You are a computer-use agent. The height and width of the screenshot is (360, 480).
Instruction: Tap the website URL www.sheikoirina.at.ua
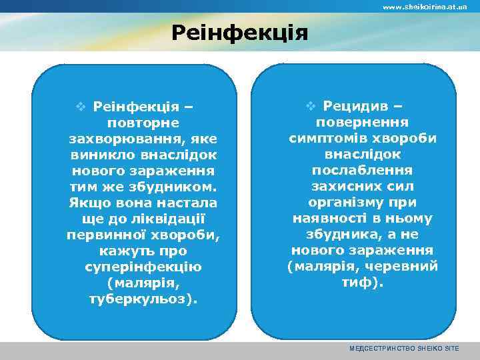tap(424, 6)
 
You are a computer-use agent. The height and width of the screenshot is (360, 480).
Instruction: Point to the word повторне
tap(143, 123)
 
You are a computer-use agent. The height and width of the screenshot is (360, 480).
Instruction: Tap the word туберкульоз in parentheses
tap(140, 299)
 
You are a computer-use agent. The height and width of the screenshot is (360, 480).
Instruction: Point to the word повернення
tap(363, 123)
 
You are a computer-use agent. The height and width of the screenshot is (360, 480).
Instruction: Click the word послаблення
tap(363, 171)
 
